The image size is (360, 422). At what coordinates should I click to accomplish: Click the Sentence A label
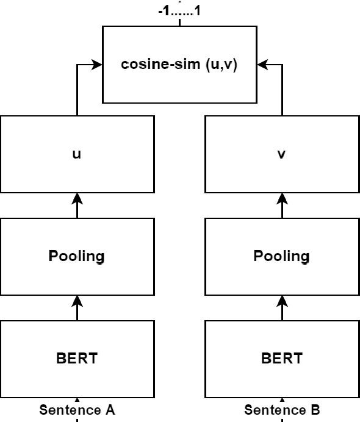(77, 410)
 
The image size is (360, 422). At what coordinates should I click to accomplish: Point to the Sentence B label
(282, 410)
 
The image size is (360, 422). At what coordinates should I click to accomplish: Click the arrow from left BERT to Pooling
(77, 307)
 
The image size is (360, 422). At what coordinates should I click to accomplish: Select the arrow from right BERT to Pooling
(281, 307)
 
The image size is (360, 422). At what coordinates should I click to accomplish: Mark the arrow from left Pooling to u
(77, 206)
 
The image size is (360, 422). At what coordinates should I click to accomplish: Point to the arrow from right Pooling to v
(281, 206)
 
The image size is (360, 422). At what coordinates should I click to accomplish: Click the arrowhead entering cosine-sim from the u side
(96, 63)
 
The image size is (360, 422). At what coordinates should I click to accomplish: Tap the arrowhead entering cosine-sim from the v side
(262, 63)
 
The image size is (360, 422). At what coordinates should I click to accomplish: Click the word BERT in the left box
(77, 358)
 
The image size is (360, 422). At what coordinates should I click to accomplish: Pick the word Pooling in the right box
(281, 256)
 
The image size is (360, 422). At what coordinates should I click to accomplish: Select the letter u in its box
(77, 155)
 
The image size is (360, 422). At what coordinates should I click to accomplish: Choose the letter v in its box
(281, 155)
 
